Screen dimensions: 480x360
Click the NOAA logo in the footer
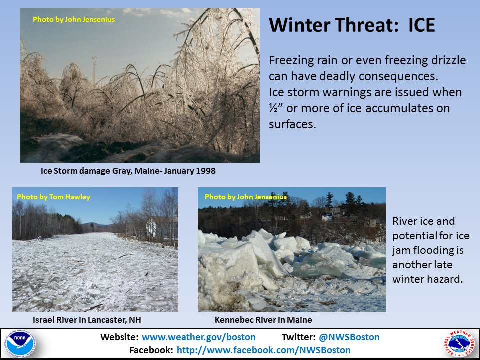pos(20,343)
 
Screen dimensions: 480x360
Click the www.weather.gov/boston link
pos(199,337)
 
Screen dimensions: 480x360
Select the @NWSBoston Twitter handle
pos(349,337)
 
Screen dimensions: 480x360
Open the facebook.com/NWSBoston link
pos(264,350)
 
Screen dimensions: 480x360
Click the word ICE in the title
pos(422,25)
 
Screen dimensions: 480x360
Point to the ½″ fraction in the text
pos(275,108)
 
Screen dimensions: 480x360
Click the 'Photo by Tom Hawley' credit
pos(54,197)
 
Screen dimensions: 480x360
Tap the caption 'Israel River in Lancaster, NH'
pos(87,320)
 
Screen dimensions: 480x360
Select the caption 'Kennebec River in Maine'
pos(263,320)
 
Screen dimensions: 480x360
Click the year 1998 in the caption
pos(206,171)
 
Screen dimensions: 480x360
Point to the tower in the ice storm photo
pos(94,71)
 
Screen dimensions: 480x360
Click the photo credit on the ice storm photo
pos(74,19)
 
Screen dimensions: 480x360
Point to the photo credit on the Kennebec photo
pos(246,197)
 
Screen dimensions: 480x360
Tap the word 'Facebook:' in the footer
pos(151,350)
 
